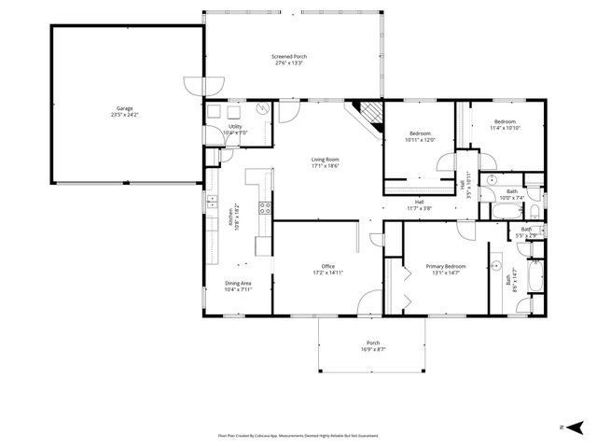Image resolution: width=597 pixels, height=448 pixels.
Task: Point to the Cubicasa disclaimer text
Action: [x=298, y=435]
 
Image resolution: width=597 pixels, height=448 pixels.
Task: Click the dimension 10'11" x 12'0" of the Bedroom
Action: [x=420, y=140]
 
